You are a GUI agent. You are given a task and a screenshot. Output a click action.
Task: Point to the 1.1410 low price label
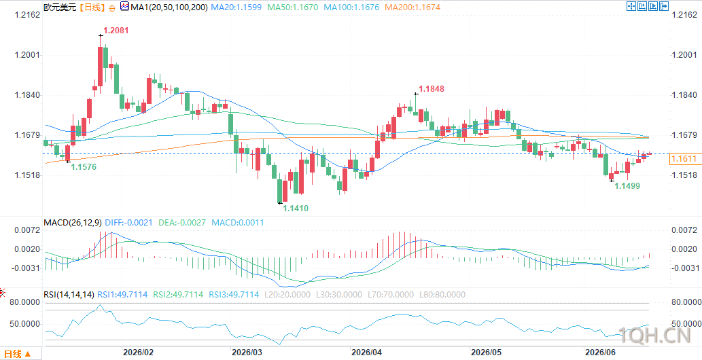(296, 209)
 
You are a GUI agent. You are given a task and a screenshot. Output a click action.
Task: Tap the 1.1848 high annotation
(432, 89)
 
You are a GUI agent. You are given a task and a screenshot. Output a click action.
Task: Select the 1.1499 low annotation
(627, 185)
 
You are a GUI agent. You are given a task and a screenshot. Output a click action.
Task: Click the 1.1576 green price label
(84, 166)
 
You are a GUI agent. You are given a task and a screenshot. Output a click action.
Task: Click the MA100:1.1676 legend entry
(351, 7)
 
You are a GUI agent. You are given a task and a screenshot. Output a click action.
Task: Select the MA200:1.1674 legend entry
(413, 7)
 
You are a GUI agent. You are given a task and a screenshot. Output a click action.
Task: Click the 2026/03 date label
(245, 352)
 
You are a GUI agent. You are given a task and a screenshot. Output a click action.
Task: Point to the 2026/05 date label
(484, 352)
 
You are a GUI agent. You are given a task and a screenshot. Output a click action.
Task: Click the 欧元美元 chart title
(58, 7)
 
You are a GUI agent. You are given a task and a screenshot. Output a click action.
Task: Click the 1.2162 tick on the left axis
(28, 15)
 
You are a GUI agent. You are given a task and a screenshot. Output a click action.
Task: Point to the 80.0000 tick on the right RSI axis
(686, 303)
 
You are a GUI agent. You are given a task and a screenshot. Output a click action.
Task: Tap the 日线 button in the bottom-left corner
(20, 354)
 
